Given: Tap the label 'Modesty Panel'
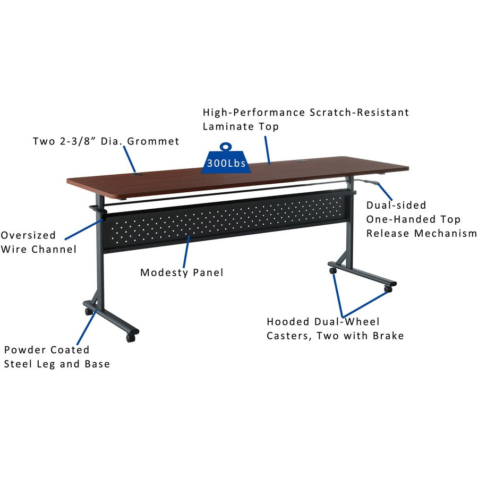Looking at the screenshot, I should [182, 272].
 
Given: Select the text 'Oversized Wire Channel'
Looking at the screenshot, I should [38, 242].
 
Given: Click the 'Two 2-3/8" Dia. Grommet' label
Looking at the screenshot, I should [106, 141].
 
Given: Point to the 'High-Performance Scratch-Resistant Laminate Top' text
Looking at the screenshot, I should [306, 119].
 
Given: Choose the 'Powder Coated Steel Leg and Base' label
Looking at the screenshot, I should [57, 357].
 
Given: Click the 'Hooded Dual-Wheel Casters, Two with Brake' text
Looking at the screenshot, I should [335, 328].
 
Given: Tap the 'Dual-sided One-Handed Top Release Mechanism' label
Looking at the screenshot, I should [421, 219].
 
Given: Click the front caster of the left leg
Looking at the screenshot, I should [130, 337].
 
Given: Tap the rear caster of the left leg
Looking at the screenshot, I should [88, 312].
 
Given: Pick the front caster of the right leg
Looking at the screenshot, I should [388, 289].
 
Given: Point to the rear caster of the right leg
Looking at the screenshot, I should [333, 270].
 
